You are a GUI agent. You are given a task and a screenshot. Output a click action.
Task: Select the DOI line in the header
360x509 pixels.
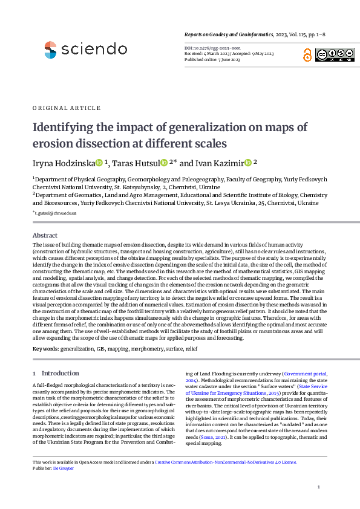212,47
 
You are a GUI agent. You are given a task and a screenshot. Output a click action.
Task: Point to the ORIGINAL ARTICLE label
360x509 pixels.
67,108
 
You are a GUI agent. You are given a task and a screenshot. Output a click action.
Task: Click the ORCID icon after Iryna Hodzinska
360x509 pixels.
100,163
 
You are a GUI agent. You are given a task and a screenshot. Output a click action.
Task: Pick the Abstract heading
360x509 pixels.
45,235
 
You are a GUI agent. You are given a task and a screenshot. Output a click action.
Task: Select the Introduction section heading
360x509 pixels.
60,374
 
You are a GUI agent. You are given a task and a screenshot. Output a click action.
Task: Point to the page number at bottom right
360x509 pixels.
318,487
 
